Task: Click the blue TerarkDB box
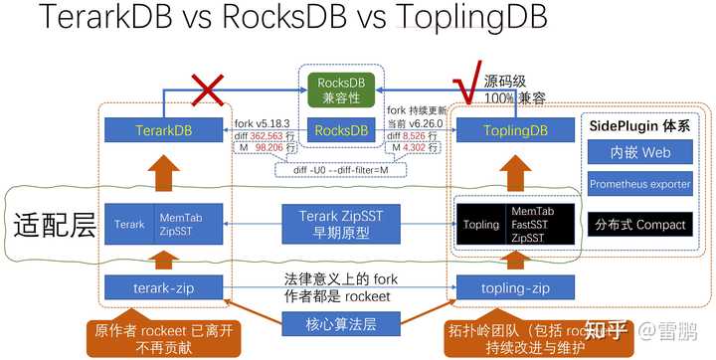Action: click(x=165, y=129)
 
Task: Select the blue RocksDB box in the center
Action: click(x=342, y=129)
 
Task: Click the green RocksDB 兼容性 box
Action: click(x=342, y=88)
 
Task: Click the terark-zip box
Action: click(x=165, y=288)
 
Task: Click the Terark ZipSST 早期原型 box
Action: click(x=342, y=225)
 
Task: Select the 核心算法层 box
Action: click(x=342, y=324)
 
